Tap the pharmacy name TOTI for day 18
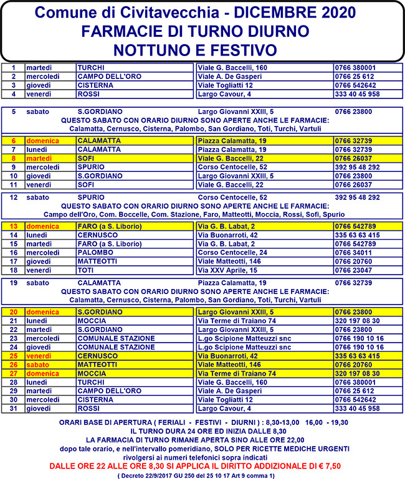click(x=85, y=270)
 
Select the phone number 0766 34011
click(x=353, y=253)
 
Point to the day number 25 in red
click(x=13, y=356)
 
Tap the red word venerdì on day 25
click(x=40, y=356)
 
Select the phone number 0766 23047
click(x=353, y=270)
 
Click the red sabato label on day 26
click(x=38, y=364)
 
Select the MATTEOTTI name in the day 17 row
click(x=98, y=262)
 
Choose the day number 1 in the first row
click(x=13, y=67)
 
